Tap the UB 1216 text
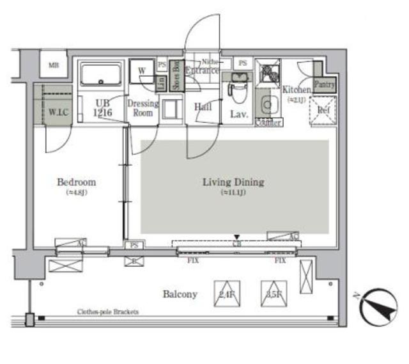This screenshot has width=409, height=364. pos(104,108)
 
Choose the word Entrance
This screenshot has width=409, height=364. pos(202,70)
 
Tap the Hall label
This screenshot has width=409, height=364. pos(203,107)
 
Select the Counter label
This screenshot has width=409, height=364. pos(268,122)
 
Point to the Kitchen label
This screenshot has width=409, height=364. pos(296,90)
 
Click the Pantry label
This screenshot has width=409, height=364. pos(323,83)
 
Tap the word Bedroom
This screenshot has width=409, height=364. pos(76,182)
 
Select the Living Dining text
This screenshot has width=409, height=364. pos(233,182)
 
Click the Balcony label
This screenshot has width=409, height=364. pos(180,294)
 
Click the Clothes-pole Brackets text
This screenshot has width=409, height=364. pos(108,312)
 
